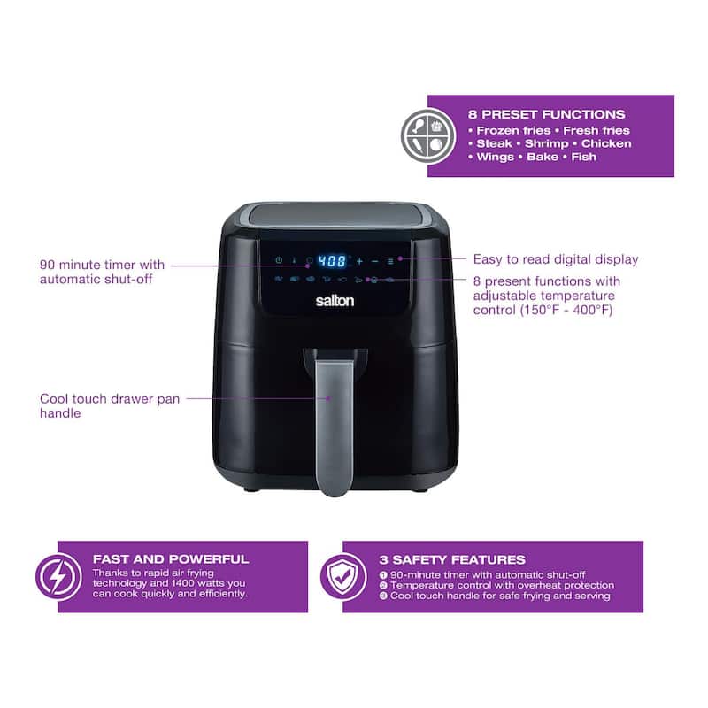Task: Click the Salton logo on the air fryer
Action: coord(335,301)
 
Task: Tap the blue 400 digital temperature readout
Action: coord(332,261)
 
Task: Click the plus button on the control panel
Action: coord(360,261)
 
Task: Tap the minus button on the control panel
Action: coord(375,261)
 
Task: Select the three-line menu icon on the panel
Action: coord(390,261)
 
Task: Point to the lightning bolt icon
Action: coord(58,576)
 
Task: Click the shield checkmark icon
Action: coord(343,576)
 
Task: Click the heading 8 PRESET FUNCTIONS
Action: coord(547,114)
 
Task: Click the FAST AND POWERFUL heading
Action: coord(171,559)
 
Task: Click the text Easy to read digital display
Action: coord(555,259)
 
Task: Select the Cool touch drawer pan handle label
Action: coord(110,405)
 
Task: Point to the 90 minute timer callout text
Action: coord(102,272)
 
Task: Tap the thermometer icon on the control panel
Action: coord(294,261)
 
